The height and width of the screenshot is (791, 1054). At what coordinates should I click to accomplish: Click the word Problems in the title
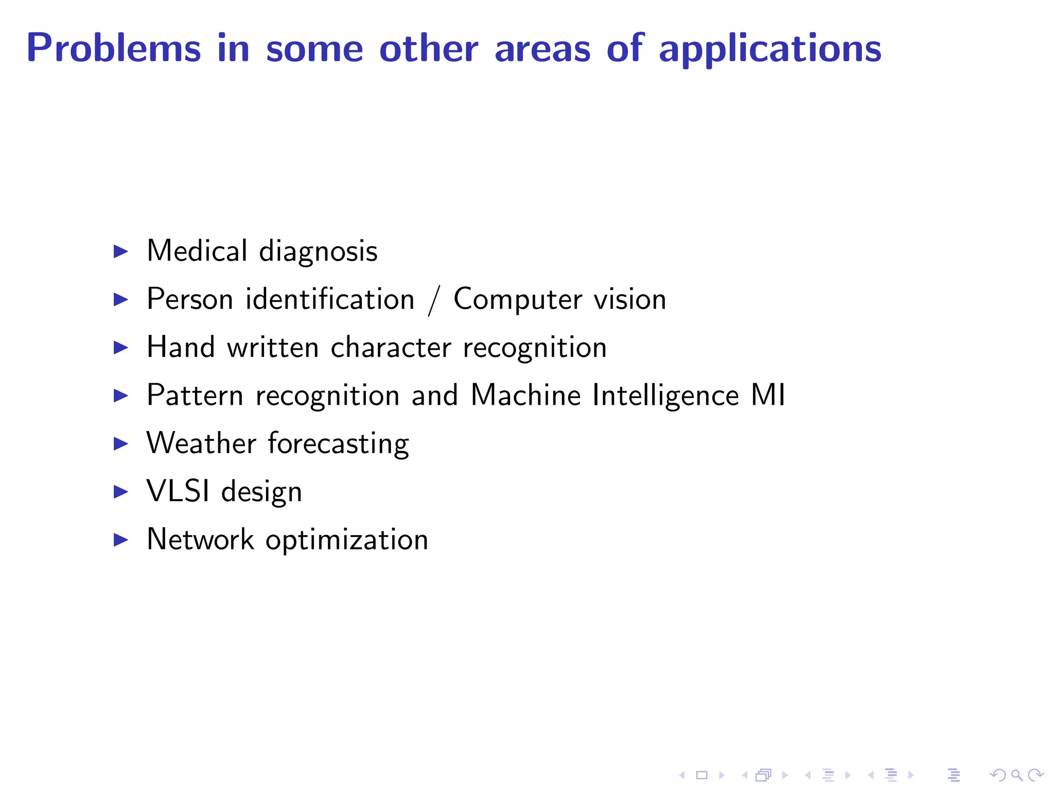tap(113, 48)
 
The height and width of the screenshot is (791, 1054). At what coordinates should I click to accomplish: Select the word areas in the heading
tap(542, 48)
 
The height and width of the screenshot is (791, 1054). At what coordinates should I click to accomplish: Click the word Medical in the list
tap(197, 251)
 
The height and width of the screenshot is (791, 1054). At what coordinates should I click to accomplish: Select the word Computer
tap(518, 300)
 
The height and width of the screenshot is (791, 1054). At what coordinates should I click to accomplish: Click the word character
tap(391, 348)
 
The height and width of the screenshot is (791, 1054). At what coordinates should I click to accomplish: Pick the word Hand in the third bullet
tap(181, 347)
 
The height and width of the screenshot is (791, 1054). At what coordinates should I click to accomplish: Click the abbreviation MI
tap(768, 395)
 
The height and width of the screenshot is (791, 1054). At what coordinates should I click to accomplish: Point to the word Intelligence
tap(665, 396)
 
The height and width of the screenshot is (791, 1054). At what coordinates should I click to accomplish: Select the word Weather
tap(201, 443)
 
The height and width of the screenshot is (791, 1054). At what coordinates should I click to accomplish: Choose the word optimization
tap(346, 540)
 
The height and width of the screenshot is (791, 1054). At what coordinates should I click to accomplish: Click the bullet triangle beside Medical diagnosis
tap(120, 251)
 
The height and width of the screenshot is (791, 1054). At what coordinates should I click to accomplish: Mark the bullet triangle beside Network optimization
tap(120, 540)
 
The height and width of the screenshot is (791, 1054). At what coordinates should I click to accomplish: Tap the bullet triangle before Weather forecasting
tap(120, 443)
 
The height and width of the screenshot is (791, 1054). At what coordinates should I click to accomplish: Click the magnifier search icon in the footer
tap(1016, 775)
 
